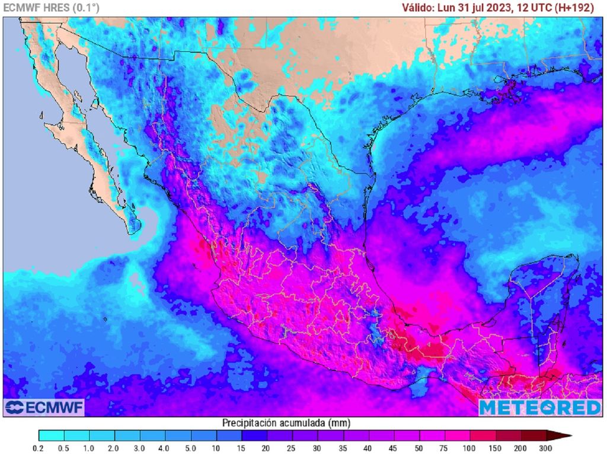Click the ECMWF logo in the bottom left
coord(44,407)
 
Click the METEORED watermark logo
coord(539,408)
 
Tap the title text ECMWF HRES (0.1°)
coord(52,8)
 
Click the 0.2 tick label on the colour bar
coord(39,448)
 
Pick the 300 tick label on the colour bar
coord(545,448)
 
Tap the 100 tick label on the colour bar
coord(469,448)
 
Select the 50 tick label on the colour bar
coord(418,448)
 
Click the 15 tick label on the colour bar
coord(241,448)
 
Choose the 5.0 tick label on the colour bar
coord(190,448)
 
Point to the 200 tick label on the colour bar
coord(520,448)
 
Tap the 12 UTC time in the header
coord(537,8)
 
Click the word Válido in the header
coord(418,8)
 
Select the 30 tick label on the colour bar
coord(317,448)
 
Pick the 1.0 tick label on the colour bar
coord(90,448)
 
